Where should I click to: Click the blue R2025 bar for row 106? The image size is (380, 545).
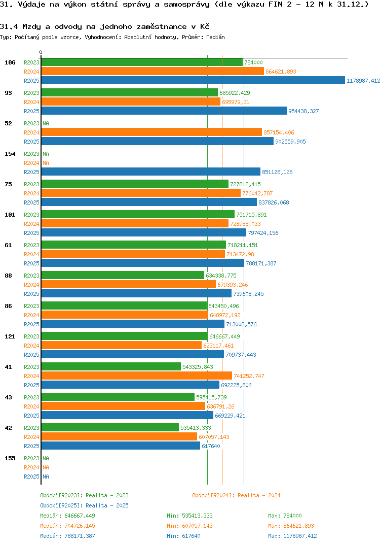193,81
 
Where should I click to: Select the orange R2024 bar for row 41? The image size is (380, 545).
136,376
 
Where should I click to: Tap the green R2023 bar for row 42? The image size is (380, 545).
110,428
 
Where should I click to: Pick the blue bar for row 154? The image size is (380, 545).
150,172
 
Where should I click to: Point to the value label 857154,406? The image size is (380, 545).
279,132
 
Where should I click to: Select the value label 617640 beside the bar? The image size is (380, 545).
211,446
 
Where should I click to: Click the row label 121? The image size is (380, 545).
10,336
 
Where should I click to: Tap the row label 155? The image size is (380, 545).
10,458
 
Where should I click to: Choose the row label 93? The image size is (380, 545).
9,93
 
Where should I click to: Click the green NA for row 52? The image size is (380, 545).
46,123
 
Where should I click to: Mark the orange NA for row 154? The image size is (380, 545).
46,163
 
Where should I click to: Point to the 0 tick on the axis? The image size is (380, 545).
41,52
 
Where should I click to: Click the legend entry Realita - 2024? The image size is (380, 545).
259,495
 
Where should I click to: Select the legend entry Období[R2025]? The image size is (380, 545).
61,505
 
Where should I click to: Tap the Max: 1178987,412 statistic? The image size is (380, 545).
292,536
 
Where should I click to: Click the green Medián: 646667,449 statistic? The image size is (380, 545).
67,516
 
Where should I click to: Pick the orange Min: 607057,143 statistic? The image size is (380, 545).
189,526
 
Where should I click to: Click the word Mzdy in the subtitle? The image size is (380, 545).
30,26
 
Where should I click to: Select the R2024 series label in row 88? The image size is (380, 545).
31,285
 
